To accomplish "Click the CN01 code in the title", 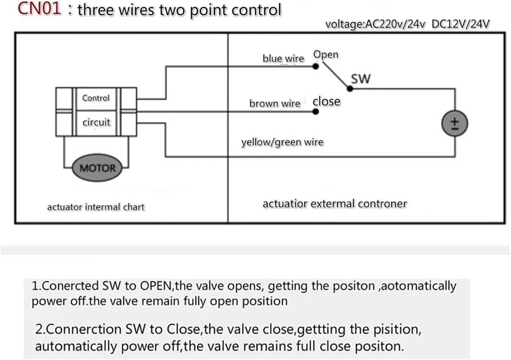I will coord(39,9).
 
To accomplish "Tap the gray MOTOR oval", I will coord(97,169).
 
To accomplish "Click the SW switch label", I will coord(361,79).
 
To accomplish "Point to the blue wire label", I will coord(283,59).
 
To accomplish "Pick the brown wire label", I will coord(275,104).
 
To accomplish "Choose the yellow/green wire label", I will coord(282,142).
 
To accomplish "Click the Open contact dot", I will coord(315,66).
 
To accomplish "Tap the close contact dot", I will coord(315,112).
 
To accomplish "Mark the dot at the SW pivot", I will coord(351,89).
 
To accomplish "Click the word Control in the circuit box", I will coord(96,98).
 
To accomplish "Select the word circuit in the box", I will coord(96,122).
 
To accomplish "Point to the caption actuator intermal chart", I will coord(96,207).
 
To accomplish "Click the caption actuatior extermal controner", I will coord(335,204).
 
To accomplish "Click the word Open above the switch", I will coord(326,55).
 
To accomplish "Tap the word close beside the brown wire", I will coord(326,101).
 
